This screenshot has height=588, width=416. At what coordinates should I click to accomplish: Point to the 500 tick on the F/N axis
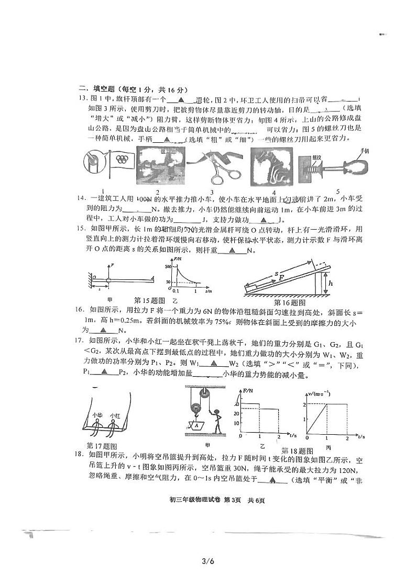pyautogui.click(x=168, y=267)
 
